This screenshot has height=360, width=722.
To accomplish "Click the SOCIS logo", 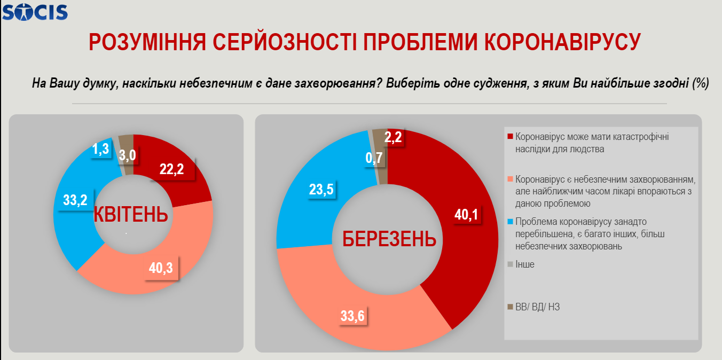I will coord(35,11).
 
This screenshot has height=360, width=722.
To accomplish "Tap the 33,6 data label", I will coord(352,316).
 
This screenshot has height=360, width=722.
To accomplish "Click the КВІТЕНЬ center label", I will coord(131,214).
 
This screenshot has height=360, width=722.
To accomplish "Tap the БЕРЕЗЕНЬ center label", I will coord(389,239).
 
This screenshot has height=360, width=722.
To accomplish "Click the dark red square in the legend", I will coord(511,137).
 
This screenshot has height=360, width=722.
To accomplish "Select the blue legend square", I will coord(511,221).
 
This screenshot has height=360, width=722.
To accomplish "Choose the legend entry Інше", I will coord(525,264).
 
